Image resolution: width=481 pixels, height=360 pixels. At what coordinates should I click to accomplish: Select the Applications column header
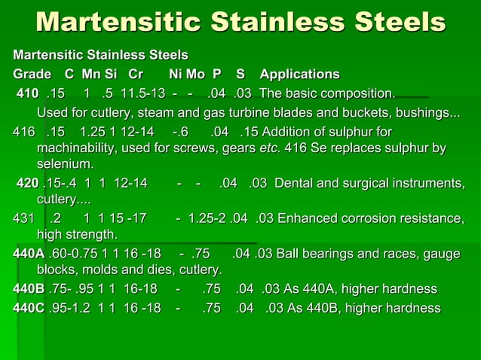[299, 75]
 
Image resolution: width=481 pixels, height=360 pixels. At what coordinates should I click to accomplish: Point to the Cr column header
[136, 75]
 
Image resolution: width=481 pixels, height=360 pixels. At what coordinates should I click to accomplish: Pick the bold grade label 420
[27, 183]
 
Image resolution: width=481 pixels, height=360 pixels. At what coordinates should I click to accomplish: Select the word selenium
[65, 163]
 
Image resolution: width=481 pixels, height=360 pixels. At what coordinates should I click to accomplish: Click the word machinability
[81, 146]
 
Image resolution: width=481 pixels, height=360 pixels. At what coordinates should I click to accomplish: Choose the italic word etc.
[269, 146]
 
